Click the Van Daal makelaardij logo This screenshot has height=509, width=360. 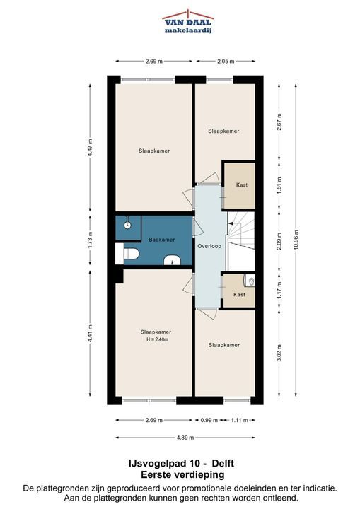click(188, 22)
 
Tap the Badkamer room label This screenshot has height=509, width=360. click(162, 240)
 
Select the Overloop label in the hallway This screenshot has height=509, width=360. click(209, 246)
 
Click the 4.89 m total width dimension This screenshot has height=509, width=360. click(185, 438)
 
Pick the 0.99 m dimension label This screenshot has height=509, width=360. click(209, 420)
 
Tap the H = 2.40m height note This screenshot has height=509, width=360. click(157, 339)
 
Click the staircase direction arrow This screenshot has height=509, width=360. click(231, 223)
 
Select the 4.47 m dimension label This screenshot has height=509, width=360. click(90, 148)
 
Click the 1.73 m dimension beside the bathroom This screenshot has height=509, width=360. click(90, 239)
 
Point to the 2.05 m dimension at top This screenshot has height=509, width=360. click(226, 61)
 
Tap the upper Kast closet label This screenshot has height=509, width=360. click(242, 185)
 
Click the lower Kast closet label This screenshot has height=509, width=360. click(239, 294)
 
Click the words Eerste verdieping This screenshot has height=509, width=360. click(182, 475)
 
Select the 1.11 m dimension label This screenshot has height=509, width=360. click(239, 420)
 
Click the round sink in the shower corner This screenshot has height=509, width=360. click(128, 224)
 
